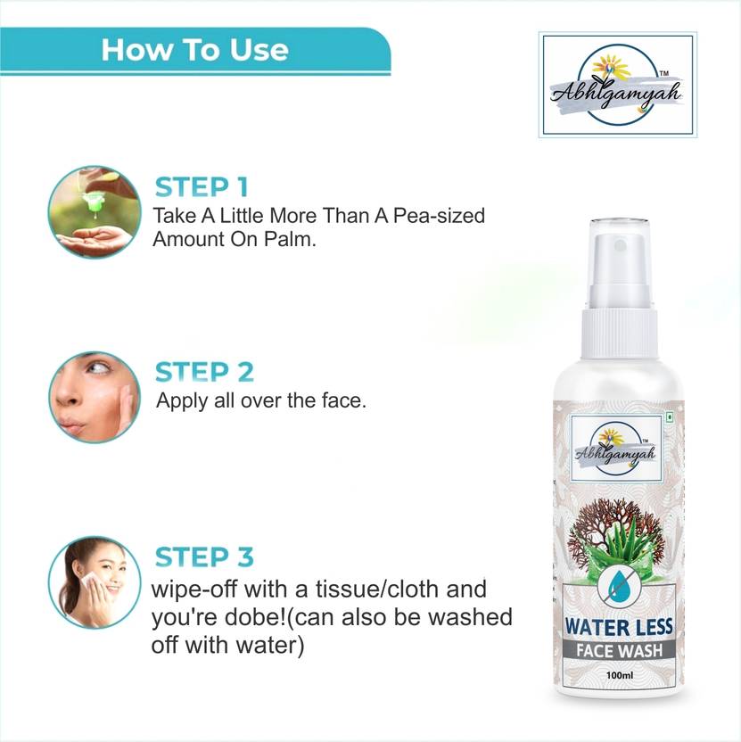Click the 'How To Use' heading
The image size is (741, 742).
(194, 48)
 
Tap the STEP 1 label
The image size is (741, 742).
(202, 187)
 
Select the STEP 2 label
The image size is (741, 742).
(204, 371)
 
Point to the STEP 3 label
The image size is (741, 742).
(204, 557)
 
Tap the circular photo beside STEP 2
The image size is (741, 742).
(94, 394)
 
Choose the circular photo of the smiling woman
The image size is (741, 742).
(94, 581)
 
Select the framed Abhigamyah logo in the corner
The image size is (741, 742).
(617, 85)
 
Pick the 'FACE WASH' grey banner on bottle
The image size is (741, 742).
(617, 650)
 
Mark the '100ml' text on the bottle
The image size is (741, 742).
(617, 675)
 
